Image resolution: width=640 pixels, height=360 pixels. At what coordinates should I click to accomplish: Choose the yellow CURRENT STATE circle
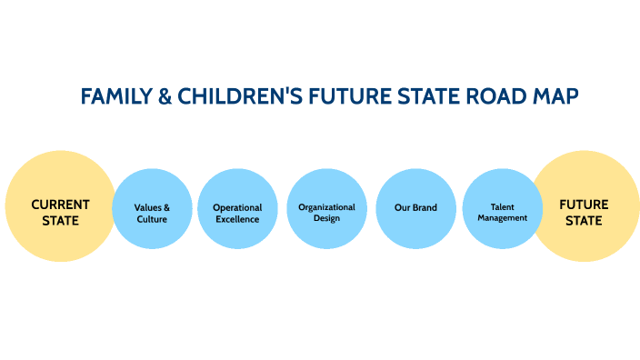point(60,206)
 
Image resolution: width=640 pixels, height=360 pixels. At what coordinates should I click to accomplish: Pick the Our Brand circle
point(415,209)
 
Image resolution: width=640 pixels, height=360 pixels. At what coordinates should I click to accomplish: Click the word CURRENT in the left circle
point(60,205)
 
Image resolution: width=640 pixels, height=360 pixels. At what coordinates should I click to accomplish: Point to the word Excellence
point(237,219)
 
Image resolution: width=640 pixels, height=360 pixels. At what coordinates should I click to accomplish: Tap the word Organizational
point(326,207)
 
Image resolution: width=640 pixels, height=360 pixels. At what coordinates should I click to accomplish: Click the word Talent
point(503,207)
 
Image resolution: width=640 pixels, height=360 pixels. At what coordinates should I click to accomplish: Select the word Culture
point(152,219)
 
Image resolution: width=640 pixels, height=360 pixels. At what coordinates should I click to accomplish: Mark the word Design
point(326,218)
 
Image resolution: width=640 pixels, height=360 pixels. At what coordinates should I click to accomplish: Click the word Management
point(503,218)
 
